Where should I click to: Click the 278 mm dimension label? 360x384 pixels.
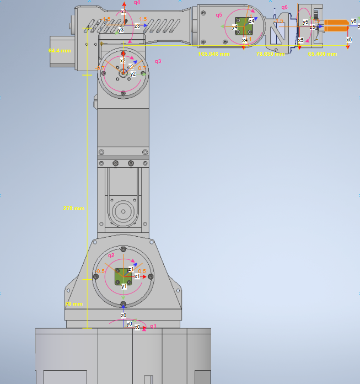[x=73, y=209]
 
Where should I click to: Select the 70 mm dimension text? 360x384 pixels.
[x=73, y=304]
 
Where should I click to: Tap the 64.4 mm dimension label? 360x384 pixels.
[x=60, y=50]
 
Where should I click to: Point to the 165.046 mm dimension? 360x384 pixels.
[x=213, y=54]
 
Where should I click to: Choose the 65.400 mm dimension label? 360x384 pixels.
[x=320, y=54]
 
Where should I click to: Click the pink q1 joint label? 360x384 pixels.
[x=153, y=326]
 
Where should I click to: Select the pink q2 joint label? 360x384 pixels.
[x=111, y=255]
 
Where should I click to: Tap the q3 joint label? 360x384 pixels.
[x=158, y=61]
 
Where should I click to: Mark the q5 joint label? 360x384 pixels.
[x=219, y=15]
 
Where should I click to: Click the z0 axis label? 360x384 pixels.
[x=123, y=316]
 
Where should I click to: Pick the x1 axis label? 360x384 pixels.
[x=137, y=276]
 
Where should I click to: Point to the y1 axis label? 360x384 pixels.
[x=124, y=286]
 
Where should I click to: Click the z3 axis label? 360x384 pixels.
[x=137, y=25]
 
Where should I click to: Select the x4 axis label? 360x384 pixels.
[x=245, y=40]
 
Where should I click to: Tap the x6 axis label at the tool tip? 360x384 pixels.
[x=348, y=40]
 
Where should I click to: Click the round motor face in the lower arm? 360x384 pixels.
[x=123, y=210]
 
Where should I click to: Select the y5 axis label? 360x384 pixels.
[x=305, y=22]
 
